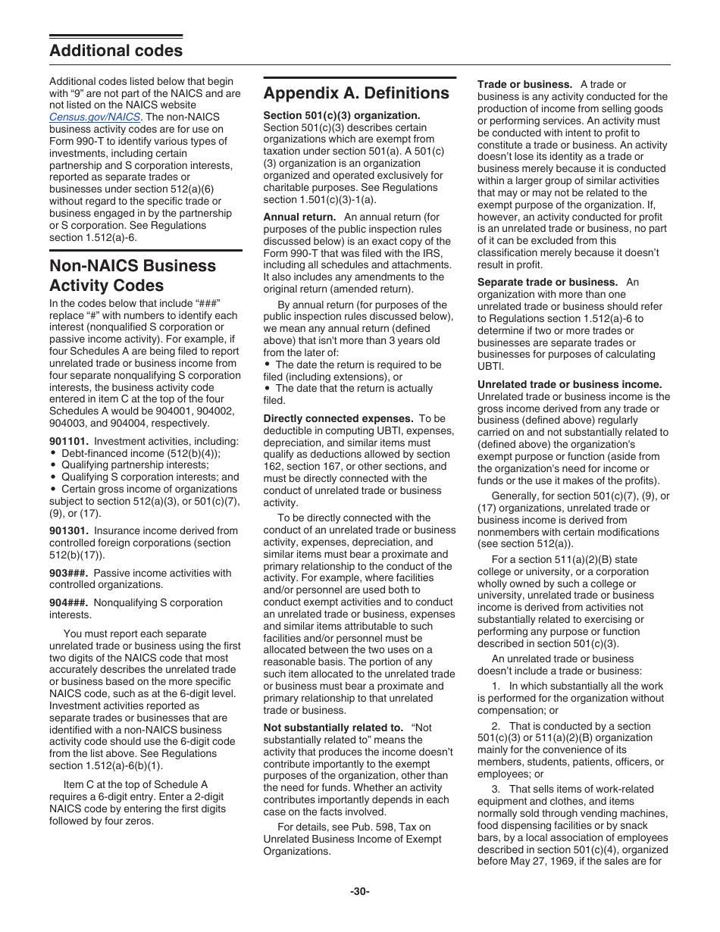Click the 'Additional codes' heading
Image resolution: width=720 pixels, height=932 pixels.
tap(116, 51)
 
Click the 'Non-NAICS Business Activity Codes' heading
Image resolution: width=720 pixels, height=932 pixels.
tap(132, 276)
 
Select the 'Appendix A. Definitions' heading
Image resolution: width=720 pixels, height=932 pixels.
tap(356, 93)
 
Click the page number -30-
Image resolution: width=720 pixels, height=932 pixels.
tap(360, 892)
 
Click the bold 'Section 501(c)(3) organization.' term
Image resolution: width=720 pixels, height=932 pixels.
tap(341, 115)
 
